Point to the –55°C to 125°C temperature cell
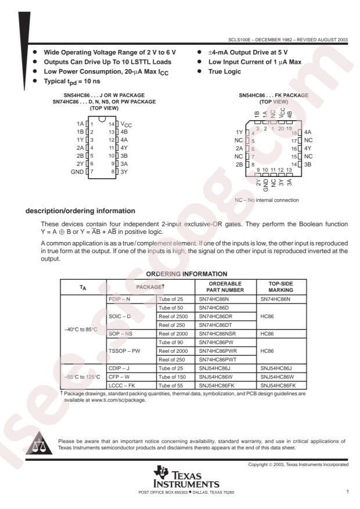(82, 385)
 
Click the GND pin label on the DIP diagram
(76, 172)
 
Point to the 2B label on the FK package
(239, 165)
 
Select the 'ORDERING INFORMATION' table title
(179, 273)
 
